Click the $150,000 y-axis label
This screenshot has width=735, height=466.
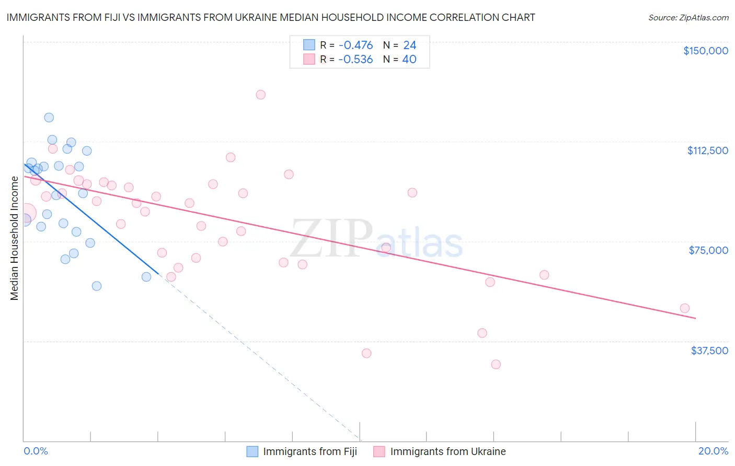pos(705,51)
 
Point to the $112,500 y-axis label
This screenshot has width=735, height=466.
pos(707,150)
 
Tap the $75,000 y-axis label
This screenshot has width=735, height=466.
pos(708,250)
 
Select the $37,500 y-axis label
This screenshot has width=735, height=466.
pos(709,351)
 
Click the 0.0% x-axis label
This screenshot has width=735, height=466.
pos(36,451)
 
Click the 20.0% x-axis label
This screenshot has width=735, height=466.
pos(713,451)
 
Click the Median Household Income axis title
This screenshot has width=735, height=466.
pos(15,238)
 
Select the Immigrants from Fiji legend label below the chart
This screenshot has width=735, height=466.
pos(310,451)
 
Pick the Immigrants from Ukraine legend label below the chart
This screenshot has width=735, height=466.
pos(448,451)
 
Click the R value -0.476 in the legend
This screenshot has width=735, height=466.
pos(355,45)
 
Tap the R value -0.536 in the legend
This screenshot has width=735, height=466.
pos(355,60)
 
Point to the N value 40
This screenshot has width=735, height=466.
pos(409,60)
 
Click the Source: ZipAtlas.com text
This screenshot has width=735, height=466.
pos(688,17)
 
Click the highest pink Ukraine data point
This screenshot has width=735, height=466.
pos(260,95)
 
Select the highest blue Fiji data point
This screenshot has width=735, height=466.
pos(49,118)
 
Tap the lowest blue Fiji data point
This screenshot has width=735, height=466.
pos(97,286)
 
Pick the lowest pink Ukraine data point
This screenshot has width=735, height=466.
pos(496,364)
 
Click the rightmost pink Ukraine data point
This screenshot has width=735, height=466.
pos(684,308)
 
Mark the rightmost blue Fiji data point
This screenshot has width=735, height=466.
pos(146,277)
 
